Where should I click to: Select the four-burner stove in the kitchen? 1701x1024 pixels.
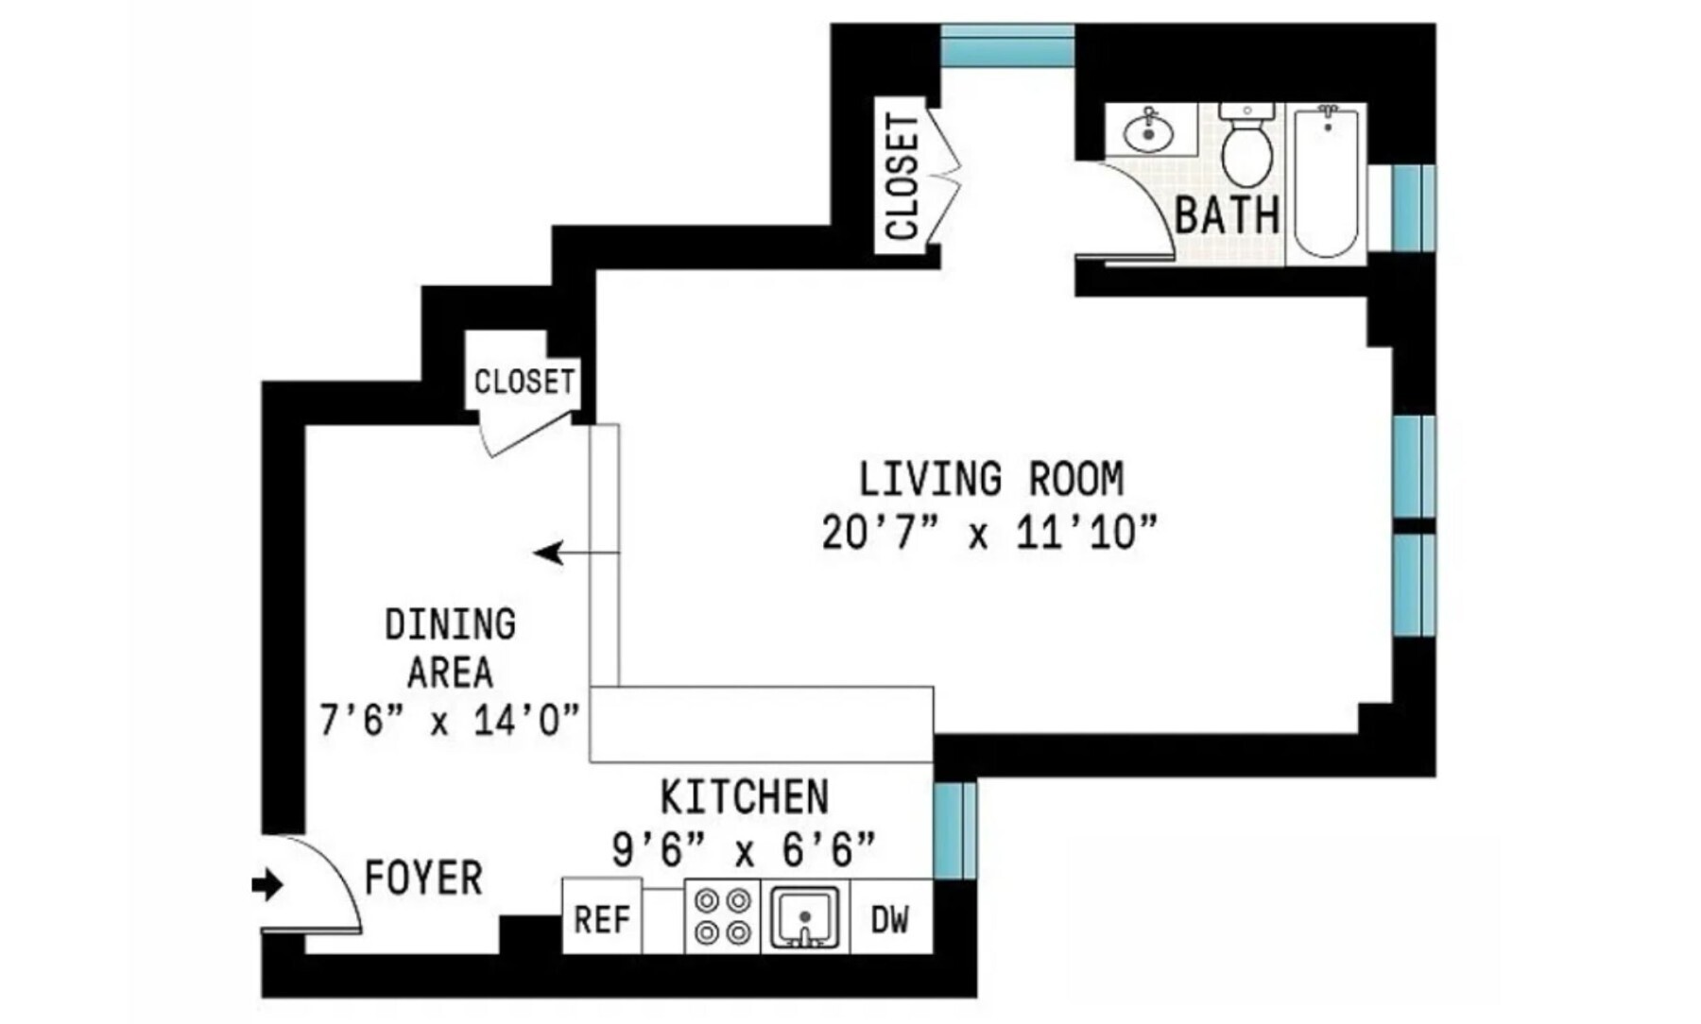point(722,916)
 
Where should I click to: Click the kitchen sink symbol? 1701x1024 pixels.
point(804,916)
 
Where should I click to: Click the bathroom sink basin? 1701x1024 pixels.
point(1148,133)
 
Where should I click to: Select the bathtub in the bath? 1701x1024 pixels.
point(1326,182)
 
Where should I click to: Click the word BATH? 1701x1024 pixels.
point(1227,214)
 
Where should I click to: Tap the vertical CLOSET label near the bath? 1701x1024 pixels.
point(902,178)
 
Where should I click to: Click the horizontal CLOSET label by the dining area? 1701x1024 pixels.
point(524,382)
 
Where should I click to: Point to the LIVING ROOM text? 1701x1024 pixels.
point(990,479)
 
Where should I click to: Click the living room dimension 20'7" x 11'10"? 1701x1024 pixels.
point(988,533)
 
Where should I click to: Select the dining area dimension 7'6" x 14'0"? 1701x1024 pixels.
point(449,722)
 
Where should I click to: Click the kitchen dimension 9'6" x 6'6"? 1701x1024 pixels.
point(744,850)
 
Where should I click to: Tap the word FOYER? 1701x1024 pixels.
point(423,879)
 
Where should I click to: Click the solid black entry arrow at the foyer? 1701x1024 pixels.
point(267,885)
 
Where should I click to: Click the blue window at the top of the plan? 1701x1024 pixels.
point(1007,45)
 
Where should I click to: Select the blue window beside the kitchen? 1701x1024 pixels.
point(954,830)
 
